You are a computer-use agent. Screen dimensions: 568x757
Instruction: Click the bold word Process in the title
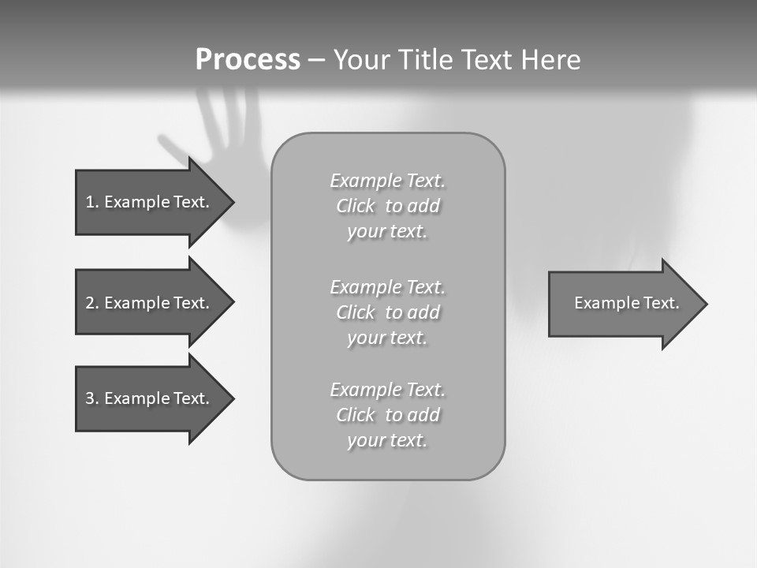248,59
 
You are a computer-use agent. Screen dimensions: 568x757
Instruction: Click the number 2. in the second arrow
91,303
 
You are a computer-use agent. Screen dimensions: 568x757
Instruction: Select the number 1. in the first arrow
91,202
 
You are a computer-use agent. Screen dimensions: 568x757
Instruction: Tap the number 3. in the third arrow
91,398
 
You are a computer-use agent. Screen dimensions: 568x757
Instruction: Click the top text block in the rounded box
387,206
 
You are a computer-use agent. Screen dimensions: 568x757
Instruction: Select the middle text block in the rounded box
387,312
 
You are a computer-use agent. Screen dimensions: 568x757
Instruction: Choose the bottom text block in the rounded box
387,415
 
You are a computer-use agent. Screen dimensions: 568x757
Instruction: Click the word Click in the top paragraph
356,206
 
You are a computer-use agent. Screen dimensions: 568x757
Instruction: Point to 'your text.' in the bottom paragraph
387,440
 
